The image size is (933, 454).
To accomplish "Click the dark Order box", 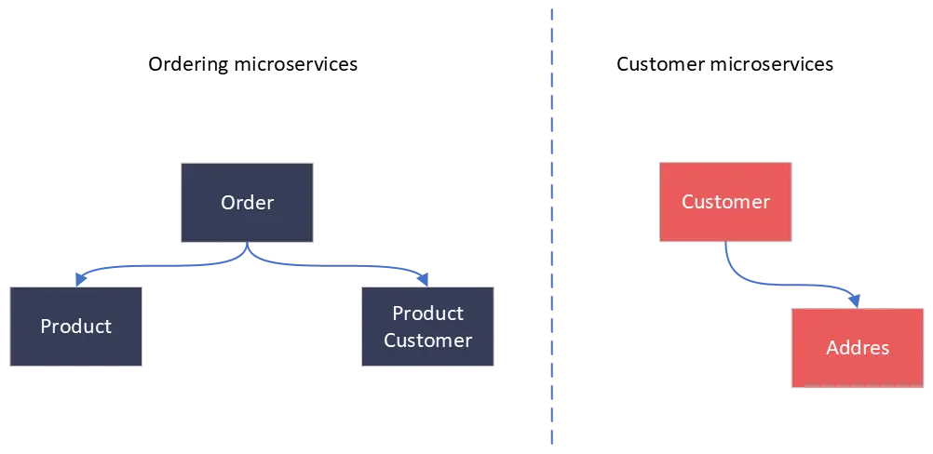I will tap(247, 203).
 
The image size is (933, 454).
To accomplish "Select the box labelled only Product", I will tap(76, 327).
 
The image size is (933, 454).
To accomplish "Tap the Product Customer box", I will tap(428, 327).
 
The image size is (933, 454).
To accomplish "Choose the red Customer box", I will tap(725, 202).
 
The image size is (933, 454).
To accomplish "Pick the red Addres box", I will tap(858, 348).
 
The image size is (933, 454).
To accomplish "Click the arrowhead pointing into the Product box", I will tap(79, 277).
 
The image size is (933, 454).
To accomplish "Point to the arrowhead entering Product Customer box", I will tap(425, 277).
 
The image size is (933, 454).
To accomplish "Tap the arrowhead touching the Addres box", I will tap(855, 299).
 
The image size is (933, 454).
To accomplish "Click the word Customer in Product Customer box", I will tap(428, 340).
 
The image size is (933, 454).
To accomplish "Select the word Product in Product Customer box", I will tap(428, 314).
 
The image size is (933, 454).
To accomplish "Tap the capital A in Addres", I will tap(832, 349).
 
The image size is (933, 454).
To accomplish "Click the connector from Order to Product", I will tap(158, 268).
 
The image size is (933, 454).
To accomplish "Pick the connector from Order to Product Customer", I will tap(335, 266).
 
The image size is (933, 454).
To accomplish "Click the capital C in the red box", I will tap(688, 202).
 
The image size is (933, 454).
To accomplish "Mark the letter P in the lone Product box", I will tap(46, 327).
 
